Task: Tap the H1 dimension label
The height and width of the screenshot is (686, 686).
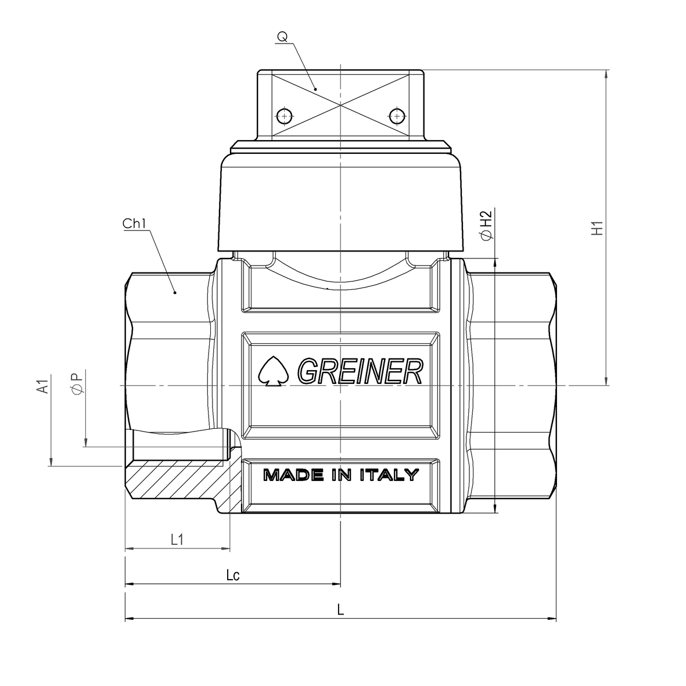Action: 597,228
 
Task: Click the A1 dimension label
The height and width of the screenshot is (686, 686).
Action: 42,387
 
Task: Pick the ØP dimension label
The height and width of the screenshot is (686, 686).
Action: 77,383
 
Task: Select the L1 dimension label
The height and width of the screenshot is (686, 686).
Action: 177,540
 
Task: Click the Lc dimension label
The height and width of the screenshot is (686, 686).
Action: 233,575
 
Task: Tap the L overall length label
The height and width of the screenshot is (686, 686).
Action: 341,610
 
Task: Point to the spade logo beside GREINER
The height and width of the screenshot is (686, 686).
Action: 271,370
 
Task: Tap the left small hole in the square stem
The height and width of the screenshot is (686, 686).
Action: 283,116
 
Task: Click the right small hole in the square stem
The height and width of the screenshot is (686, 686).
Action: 397,116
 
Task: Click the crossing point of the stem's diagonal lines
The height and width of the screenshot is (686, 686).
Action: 340,105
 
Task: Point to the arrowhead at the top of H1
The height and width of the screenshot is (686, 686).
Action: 607,74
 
